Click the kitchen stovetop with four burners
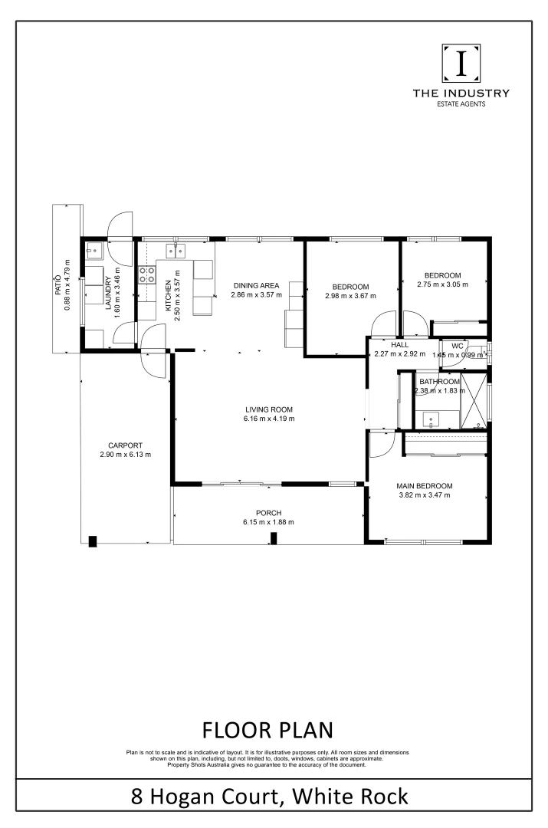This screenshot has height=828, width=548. point(146,274)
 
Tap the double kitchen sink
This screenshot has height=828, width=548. point(174,249)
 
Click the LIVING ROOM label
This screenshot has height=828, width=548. point(269,409)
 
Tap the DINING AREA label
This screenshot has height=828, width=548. point(258,285)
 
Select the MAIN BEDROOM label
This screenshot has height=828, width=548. point(424,486)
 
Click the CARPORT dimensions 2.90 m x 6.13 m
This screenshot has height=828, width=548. point(125,455)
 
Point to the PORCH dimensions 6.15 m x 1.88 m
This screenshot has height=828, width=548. point(268,522)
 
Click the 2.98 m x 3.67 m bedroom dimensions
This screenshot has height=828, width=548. point(351,296)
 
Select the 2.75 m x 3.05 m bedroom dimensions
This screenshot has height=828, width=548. point(442,284)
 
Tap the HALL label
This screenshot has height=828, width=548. point(399,345)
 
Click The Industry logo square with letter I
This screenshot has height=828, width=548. point(461,64)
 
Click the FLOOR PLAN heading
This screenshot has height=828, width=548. point(267,728)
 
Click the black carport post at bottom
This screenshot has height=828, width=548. point(93,540)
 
